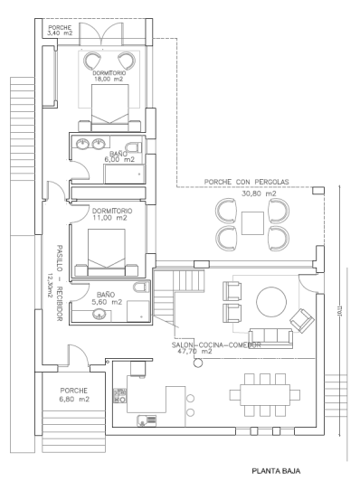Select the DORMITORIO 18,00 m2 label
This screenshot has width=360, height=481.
(108, 77)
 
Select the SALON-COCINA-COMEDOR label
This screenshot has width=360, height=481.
(216, 345)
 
